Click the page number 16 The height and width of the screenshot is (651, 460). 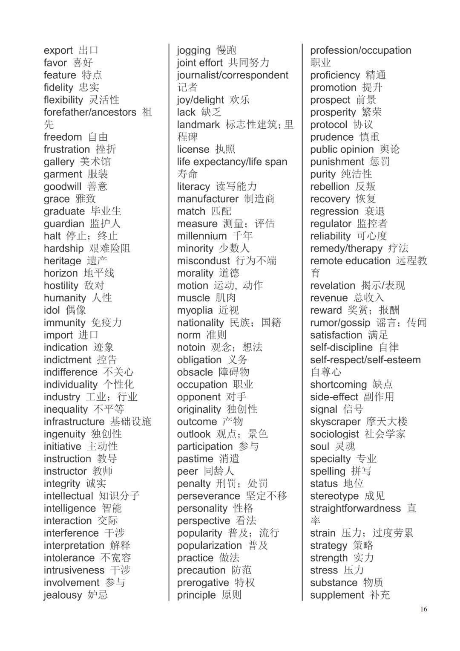pos(423,609)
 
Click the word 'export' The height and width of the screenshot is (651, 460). pos(58,51)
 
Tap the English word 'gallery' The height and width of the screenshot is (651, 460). pos(59,162)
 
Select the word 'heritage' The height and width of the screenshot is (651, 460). pos(62,261)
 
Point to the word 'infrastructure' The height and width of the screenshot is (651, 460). pos(74,422)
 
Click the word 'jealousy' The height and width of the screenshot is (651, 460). pos(63,595)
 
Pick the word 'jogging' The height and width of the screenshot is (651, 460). pos(194,51)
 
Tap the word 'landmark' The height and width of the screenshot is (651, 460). pos(198,125)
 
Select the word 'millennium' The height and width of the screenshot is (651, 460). pos(202,236)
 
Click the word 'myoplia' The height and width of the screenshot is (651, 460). pos(195,310)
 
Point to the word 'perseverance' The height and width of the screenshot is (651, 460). pos(209,496)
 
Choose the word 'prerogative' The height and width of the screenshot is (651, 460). pos(203,583)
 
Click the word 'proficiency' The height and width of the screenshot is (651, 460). pos(335,75)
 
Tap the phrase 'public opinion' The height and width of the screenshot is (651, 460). pos(342,150)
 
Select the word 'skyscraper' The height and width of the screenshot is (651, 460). pos(335,422)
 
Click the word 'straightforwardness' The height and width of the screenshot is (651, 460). pos(356,509)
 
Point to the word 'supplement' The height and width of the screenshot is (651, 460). pos(337,595)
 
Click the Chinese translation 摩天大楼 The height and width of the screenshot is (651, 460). pos(387,422)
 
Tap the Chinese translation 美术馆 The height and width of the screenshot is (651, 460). pos(95,162)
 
